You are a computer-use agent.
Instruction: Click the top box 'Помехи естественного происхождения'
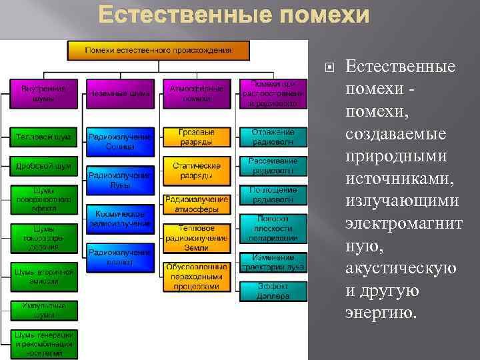click(x=158, y=50)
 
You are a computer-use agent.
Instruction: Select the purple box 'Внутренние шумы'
click(x=43, y=93)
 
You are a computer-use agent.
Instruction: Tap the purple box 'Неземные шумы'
click(x=120, y=94)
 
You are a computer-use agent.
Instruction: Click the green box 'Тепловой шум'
click(x=43, y=138)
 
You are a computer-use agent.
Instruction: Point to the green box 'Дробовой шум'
click(x=43, y=165)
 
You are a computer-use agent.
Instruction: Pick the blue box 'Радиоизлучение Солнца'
click(x=120, y=141)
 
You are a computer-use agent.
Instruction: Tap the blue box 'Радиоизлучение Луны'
click(x=120, y=179)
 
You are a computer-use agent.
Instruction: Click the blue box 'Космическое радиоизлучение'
click(x=120, y=219)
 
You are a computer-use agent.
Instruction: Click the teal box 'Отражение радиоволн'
click(x=273, y=137)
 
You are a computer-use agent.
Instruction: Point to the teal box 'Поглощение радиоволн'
click(x=273, y=195)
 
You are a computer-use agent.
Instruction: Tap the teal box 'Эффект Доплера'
click(x=273, y=291)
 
